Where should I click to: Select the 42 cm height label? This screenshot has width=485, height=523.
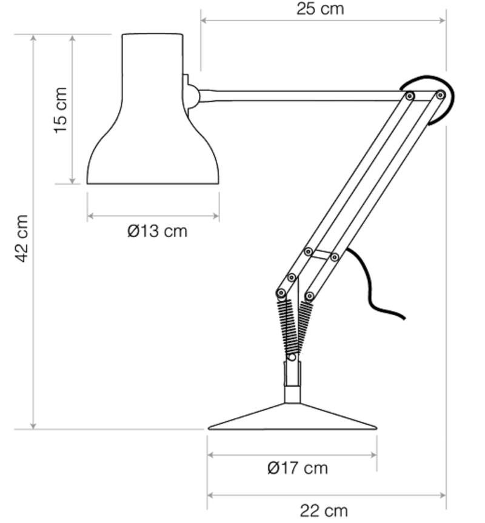point(22,238)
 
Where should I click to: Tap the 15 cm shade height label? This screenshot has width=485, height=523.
point(61,110)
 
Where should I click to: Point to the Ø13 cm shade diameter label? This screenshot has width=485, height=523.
point(158,231)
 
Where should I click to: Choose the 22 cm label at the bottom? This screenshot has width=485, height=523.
point(324,511)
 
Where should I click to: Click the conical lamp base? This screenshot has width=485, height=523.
point(292,418)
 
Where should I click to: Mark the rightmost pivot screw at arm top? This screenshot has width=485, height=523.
point(440,95)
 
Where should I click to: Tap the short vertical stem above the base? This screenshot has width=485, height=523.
point(292,382)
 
